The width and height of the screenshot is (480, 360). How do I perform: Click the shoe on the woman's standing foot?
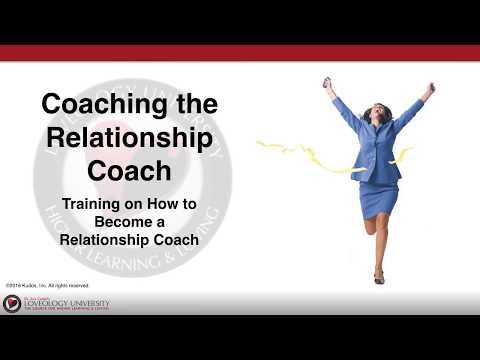point(379,277)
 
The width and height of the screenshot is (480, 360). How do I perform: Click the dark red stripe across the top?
point(240,53)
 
